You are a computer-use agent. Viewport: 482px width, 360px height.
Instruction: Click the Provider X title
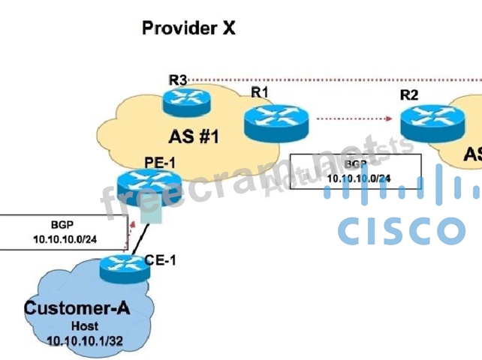point(188,28)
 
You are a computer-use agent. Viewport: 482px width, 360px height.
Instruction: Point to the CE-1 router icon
point(123,266)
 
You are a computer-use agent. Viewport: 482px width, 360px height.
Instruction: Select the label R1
point(261,92)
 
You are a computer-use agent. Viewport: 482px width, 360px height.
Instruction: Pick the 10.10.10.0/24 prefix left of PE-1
point(65,239)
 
